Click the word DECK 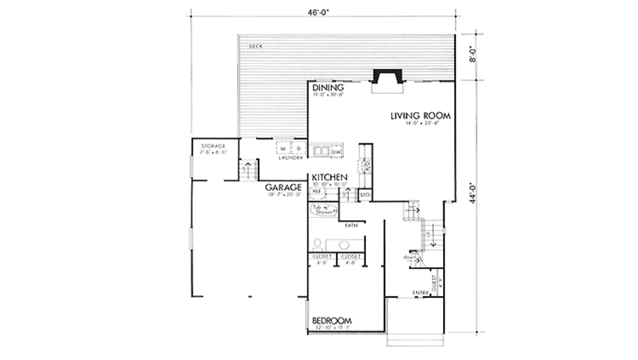(255, 46)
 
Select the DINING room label (328, 88)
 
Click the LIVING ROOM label (421, 116)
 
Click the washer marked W (283, 149)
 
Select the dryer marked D (298, 149)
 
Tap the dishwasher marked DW (336, 151)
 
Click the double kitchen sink (321, 151)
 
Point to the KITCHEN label (330, 178)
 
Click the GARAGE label (283, 187)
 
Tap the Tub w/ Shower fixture (325, 210)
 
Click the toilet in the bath (317, 244)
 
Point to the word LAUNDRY (290, 158)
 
